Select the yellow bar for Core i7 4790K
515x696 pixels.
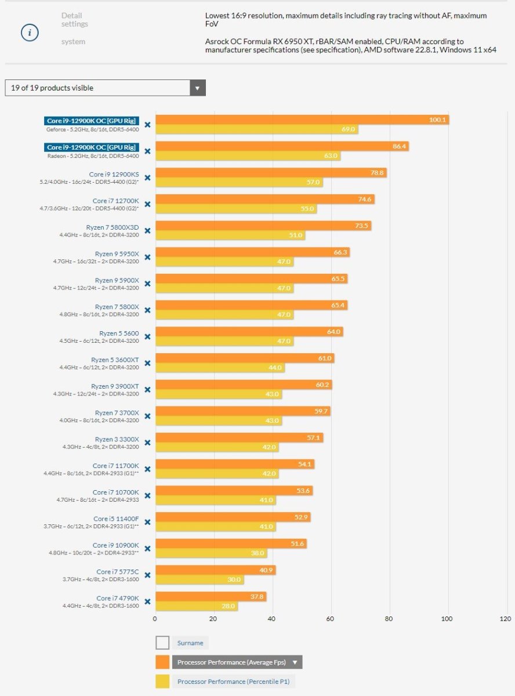coord(197,606)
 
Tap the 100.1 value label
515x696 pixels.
coord(437,119)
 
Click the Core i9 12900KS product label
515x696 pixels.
coord(114,174)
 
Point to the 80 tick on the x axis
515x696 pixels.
coord(389,619)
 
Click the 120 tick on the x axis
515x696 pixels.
coord(505,619)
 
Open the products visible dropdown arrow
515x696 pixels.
coord(197,88)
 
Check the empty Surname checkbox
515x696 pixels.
coord(162,643)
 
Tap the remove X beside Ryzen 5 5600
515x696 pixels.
coord(147,336)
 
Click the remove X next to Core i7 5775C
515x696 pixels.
coord(147,575)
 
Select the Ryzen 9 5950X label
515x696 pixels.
coord(117,253)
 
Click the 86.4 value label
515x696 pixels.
coord(400,146)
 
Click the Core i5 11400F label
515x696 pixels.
coord(116,519)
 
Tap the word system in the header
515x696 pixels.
coord(73,42)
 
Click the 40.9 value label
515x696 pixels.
coord(266,570)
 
